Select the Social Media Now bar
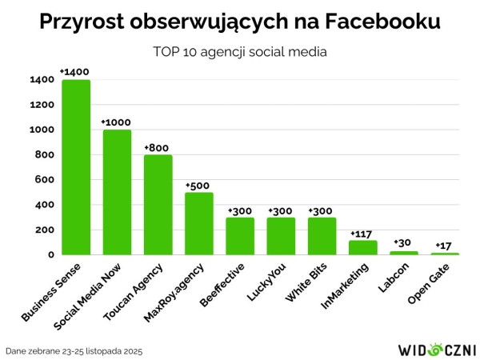tap(117, 192)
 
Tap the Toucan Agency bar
tap(158, 205)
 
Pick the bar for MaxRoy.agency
tap(199, 223)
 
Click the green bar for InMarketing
tap(363, 247)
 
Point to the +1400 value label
tap(74, 73)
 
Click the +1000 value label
tap(116, 122)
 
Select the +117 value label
tap(362, 234)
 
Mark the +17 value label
tap(445, 246)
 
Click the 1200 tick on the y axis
tap(43, 105)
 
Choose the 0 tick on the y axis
tap(50, 255)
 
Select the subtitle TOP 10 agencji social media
tap(240, 52)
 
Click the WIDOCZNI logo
tap(437, 349)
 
